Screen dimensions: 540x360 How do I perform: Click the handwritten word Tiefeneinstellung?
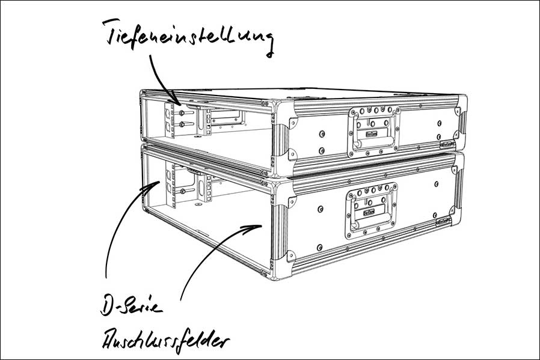click(x=188, y=36)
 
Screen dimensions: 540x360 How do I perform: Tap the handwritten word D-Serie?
click(x=131, y=306)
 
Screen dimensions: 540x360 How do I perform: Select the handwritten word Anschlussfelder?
click(x=165, y=340)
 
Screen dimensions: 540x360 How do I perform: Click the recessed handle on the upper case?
click(x=374, y=131)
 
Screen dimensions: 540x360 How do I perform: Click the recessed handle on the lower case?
click(x=371, y=210)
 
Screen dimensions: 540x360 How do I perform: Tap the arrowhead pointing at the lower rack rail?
click(x=154, y=186)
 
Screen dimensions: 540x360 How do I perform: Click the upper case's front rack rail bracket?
click(x=170, y=120)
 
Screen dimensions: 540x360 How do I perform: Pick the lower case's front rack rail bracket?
click(x=170, y=186)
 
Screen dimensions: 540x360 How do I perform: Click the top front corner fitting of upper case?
click(x=283, y=109)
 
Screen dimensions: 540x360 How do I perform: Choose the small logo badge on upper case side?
click(x=447, y=145)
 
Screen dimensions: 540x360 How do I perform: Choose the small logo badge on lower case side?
click(x=444, y=222)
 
